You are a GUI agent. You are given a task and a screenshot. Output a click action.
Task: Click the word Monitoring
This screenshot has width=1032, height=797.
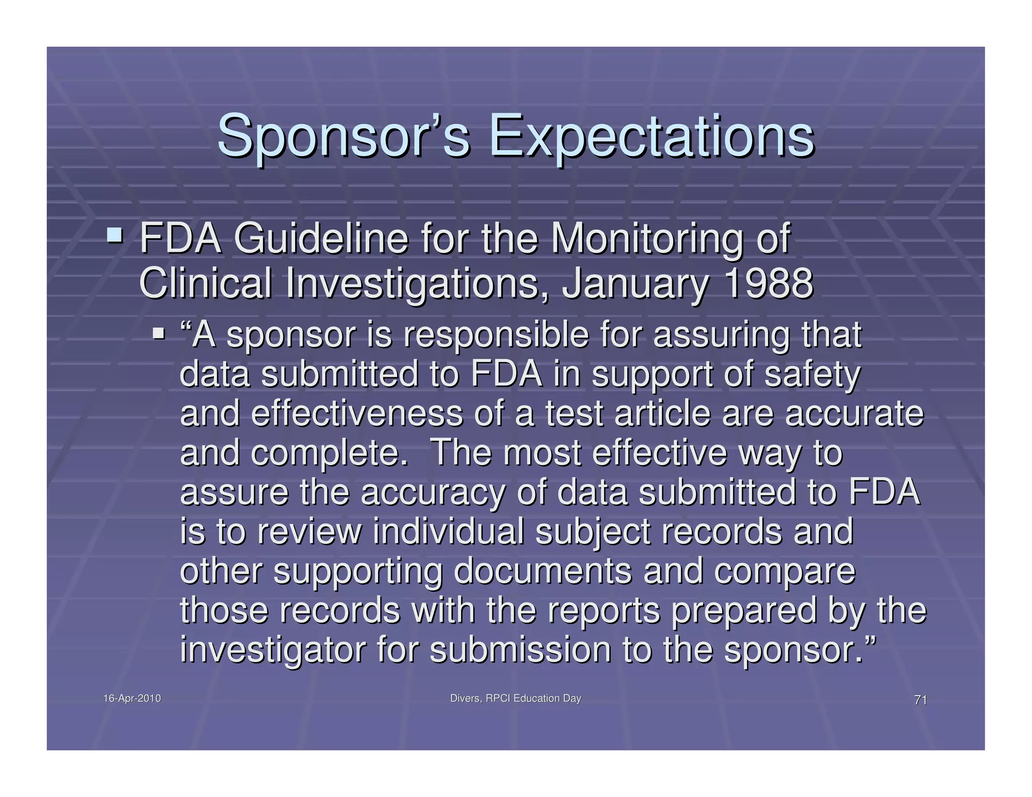point(647,239)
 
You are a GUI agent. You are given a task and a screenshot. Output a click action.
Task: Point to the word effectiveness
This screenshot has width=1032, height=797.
point(356,414)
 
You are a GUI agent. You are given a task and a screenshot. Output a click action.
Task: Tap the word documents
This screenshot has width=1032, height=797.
point(543,571)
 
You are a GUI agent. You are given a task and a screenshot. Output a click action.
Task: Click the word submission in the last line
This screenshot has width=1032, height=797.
point(521,649)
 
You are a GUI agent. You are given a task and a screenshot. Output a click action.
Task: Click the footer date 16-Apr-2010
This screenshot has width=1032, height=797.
point(132,698)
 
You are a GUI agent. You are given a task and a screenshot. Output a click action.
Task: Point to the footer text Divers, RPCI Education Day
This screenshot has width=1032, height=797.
point(515,698)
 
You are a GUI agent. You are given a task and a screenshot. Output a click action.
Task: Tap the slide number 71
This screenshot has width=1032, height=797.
point(920,700)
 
